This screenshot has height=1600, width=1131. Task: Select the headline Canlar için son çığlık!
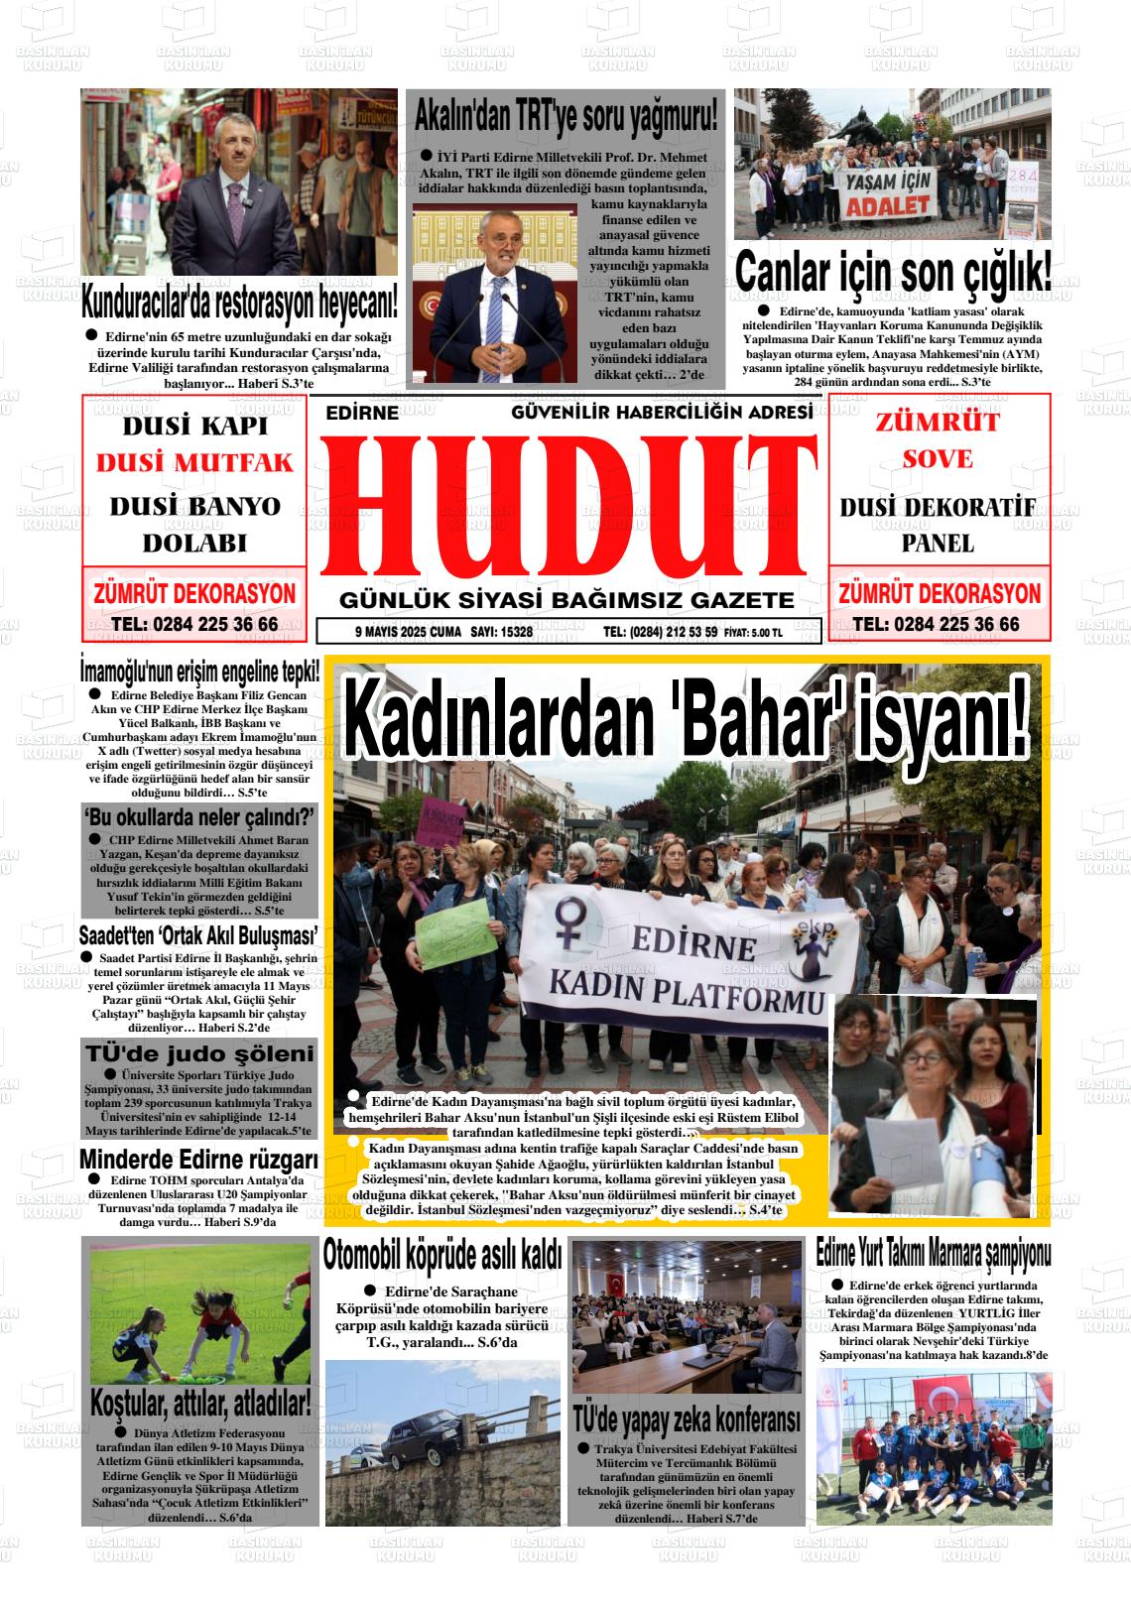click(x=893, y=273)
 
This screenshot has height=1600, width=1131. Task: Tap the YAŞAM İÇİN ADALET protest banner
click(x=887, y=193)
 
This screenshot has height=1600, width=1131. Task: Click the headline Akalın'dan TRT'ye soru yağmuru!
click(x=565, y=117)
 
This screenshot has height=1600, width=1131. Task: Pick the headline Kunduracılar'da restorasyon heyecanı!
click(x=240, y=298)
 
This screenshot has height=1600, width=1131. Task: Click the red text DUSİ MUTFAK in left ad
click(x=194, y=463)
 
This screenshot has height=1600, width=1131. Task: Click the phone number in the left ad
click(x=194, y=625)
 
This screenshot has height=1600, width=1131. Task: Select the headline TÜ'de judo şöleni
click(x=199, y=1053)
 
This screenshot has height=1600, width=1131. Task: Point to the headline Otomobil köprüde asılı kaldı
click(x=442, y=1256)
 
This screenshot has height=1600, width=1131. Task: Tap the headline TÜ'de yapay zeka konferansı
click(x=687, y=1419)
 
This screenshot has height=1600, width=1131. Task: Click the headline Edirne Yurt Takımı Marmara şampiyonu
click(x=933, y=1253)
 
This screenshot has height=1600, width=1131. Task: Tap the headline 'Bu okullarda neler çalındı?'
click(x=199, y=816)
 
